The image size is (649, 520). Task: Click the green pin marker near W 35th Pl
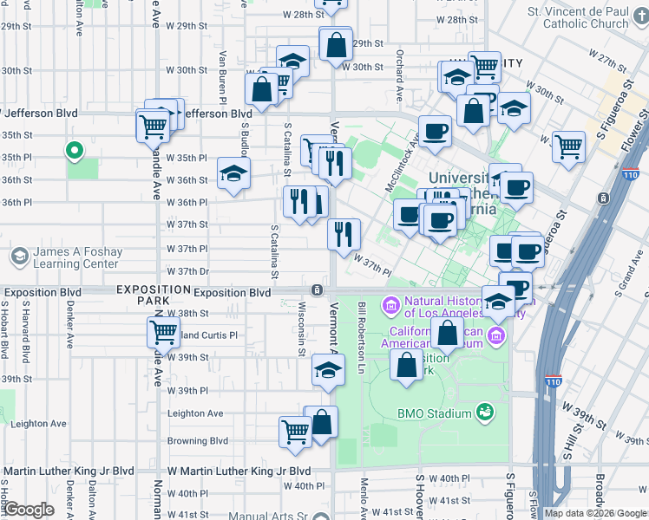[75, 151]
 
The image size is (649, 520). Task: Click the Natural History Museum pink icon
[390, 305]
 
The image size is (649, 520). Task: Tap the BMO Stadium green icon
[485, 413]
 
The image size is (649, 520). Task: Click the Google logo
[28, 510]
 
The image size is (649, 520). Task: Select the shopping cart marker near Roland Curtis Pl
[163, 331]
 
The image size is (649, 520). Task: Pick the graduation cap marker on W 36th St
[233, 172]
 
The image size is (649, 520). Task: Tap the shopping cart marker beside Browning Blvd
[295, 430]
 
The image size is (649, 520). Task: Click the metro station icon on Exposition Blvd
[319, 289]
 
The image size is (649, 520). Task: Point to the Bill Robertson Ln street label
[360, 337]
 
